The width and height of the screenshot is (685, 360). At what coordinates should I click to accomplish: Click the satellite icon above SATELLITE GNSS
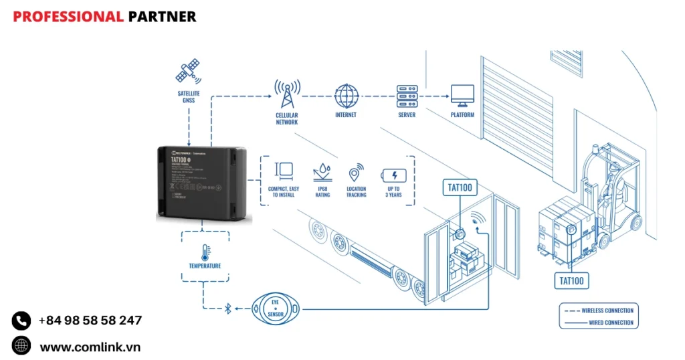point(188,72)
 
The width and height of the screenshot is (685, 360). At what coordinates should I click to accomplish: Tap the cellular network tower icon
point(286,94)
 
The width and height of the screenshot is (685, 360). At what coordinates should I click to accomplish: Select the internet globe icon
point(346,96)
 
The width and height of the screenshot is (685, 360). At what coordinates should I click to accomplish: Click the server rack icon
point(406,96)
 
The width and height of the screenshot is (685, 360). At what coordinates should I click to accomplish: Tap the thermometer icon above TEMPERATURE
point(205,252)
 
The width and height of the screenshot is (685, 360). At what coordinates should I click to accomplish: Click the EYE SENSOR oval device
point(276,309)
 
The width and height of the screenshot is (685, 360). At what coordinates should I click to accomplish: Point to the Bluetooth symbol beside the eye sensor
point(227,308)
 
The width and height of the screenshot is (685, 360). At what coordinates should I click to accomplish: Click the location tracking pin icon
point(356,173)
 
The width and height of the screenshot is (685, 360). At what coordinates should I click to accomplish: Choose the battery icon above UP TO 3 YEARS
point(393,175)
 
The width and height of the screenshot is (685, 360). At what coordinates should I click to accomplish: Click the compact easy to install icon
point(284,173)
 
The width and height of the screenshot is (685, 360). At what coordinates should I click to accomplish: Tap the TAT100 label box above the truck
point(460,188)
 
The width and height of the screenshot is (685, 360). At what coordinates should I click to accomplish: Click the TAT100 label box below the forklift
point(571,280)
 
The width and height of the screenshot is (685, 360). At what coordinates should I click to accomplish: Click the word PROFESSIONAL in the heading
point(68,17)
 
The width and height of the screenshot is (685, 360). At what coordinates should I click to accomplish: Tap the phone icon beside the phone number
point(21,321)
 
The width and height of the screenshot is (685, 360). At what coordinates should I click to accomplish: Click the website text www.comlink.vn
point(90,347)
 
